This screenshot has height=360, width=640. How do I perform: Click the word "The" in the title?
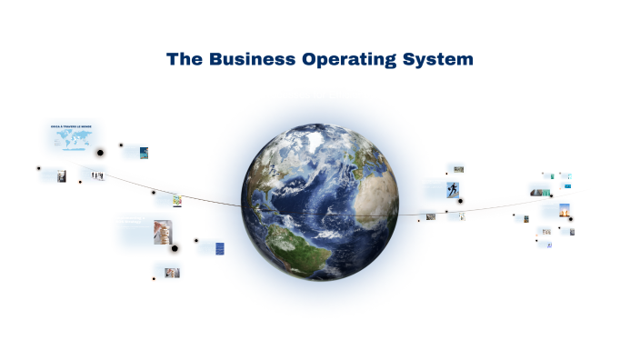coord(185,59)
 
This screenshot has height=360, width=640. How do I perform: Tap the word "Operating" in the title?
coord(350,60)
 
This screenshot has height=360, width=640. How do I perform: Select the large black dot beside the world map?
coord(101,152)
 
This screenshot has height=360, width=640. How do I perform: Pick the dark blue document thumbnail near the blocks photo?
coord(219,248)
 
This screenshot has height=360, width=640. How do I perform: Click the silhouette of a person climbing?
coord(453,189)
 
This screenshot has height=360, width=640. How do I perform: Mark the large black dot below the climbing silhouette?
coord(461,201)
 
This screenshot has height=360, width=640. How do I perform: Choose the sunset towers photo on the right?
coord(565,210)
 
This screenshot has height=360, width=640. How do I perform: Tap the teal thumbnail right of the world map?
coord(144,153)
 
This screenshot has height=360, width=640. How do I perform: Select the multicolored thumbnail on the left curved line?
coord(177,200)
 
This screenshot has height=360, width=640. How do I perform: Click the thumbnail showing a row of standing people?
coord(96,175)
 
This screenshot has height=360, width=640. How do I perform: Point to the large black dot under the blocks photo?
coord(175,247)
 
